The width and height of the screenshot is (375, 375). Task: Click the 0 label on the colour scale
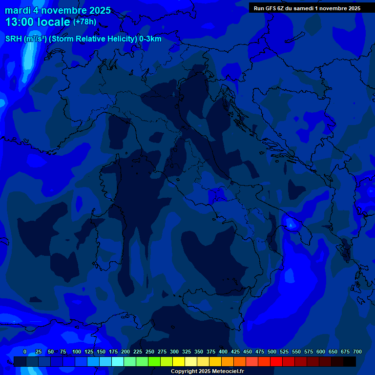25,352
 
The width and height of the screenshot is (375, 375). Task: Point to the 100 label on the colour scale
77,352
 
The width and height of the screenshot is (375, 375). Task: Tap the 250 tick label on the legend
150,352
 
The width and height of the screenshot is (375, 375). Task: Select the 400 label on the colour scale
223,352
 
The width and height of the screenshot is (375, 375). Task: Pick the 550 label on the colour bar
296,352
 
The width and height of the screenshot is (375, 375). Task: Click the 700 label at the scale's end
357,352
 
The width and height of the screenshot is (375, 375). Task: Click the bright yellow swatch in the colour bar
178,361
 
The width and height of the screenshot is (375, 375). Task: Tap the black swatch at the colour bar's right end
349,361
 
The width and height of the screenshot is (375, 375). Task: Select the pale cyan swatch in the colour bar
117,361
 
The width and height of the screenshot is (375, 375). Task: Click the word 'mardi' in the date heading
18,10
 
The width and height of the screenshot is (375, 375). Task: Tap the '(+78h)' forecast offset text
85,22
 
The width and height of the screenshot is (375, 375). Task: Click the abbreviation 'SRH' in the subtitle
13,39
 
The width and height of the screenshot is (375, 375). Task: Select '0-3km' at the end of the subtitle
150,39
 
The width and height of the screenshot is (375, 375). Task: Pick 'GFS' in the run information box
270,8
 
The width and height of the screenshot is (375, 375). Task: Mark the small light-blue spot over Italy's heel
292,224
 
